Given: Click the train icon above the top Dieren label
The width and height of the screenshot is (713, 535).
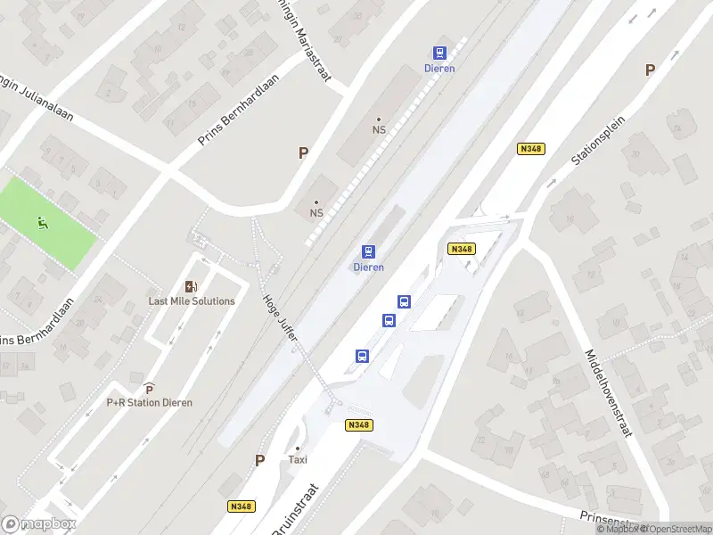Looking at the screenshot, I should click(x=440, y=53).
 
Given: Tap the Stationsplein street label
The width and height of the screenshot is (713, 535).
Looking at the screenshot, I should click(x=599, y=140).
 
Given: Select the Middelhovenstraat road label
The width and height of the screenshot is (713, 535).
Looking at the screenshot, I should click(x=608, y=391).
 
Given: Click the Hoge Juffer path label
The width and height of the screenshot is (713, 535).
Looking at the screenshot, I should click(x=280, y=317).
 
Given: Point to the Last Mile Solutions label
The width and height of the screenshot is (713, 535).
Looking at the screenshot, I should click(x=192, y=300).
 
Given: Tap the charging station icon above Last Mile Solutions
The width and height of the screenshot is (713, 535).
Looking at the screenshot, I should click(x=191, y=286).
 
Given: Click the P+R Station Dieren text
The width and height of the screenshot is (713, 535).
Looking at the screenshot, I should click(x=149, y=402).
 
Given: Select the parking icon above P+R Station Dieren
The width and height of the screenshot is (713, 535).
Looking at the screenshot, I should click(x=149, y=389).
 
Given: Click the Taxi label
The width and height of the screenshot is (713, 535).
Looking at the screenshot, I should click(x=298, y=460).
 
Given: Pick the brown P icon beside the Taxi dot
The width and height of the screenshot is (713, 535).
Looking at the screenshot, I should click(x=260, y=460).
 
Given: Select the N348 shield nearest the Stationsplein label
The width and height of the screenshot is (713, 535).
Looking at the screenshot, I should click(x=530, y=149).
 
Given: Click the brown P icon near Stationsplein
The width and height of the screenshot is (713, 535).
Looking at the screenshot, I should click(x=650, y=70).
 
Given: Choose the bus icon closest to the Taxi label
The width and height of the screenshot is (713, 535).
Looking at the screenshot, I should click(x=363, y=356).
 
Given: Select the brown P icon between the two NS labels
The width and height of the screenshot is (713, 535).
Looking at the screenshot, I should click(x=303, y=153).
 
